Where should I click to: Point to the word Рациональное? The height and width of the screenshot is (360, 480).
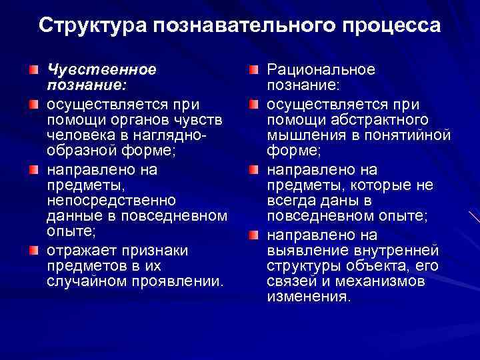pyautogui.click(x=321, y=69)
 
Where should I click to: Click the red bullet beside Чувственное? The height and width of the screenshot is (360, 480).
pyautogui.click(x=33, y=69)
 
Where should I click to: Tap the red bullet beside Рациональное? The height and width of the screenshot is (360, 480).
pyautogui.click(x=254, y=69)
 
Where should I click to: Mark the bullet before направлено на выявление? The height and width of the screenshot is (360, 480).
pyautogui.click(x=254, y=235)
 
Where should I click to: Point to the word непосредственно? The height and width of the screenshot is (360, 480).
pyautogui.click(x=111, y=200)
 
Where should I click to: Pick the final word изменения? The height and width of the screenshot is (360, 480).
pyautogui.click(x=308, y=297)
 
